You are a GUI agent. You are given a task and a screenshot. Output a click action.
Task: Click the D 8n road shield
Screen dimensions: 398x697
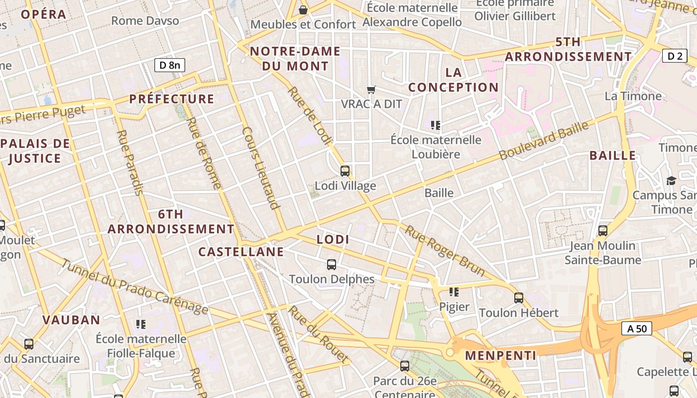[169, 65]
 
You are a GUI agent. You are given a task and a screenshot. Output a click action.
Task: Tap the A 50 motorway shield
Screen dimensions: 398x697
[637, 328]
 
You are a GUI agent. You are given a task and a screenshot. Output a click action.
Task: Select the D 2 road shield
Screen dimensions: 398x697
[675, 56]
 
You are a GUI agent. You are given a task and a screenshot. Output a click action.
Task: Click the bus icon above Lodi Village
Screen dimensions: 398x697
[345, 171]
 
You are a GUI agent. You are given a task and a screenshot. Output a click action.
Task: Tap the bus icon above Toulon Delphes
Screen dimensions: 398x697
[332, 265]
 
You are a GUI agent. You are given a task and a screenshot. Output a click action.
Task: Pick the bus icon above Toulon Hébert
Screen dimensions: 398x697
[519, 298]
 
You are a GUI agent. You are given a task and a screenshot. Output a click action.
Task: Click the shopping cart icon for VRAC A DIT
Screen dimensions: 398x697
[371, 90]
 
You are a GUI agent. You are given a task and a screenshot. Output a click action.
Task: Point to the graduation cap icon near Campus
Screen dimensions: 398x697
[671, 181]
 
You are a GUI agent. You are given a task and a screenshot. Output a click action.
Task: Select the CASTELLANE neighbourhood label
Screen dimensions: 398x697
[241, 252]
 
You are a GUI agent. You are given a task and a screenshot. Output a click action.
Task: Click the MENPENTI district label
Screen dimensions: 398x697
[500, 355]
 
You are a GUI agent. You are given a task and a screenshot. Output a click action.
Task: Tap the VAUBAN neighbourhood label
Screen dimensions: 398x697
[71, 320]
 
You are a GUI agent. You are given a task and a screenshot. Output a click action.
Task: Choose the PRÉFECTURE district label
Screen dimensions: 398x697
[172, 99]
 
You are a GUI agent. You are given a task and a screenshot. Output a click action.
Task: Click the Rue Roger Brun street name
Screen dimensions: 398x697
[445, 251]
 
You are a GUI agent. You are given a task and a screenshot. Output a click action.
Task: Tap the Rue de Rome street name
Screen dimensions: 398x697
[204, 153]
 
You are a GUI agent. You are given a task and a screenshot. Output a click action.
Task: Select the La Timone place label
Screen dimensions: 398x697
[633, 96]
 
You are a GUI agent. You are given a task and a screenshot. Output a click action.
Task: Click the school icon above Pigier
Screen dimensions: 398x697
[454, 292]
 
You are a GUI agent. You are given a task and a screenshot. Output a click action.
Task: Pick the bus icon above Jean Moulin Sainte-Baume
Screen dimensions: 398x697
[603, 231]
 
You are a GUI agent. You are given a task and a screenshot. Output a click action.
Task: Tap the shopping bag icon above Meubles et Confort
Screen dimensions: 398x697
[303, 10]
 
